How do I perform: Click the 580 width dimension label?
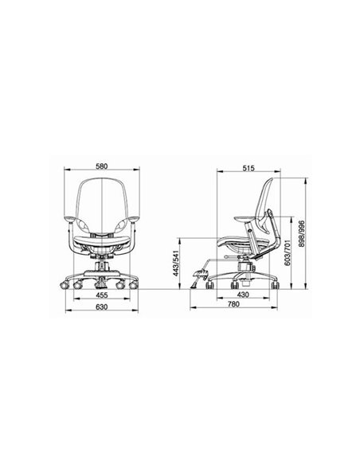pos(101,166)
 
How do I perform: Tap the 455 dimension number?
pos(101,295)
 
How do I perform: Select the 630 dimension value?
pos(101,307)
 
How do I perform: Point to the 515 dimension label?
pos(248,168)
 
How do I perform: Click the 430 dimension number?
pos(243,295)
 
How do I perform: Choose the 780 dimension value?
pos(233,304)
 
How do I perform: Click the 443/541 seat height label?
pos(177,263)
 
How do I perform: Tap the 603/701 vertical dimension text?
pos(287,251)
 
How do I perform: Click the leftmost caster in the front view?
pos(65,285)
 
